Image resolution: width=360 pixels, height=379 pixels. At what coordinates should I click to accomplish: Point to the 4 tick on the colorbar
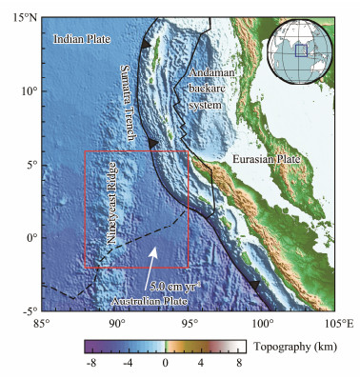click(x=201, y=365)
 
